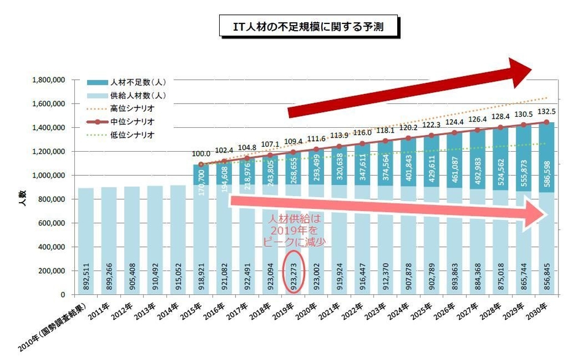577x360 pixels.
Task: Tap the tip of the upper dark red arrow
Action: pyautogui.click(x=530, y=71)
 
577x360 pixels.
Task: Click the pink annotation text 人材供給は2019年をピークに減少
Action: pyautogui.click(x=295, y=230)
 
